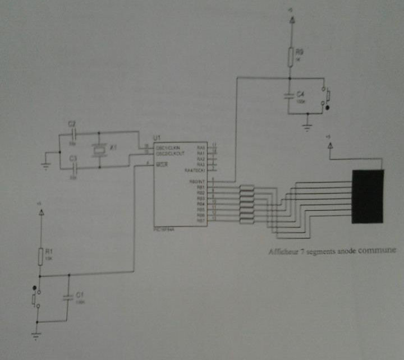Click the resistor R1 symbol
[x=40, y=257]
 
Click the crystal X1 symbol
[x=99, y=150]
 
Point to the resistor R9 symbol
[x=291, y=56]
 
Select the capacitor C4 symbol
[x=290, y=95]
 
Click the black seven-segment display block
[x=368, y=196]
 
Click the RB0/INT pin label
[x=198, y=181]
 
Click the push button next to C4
[x=327, y=96]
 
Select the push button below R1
[x=35, y=298]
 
